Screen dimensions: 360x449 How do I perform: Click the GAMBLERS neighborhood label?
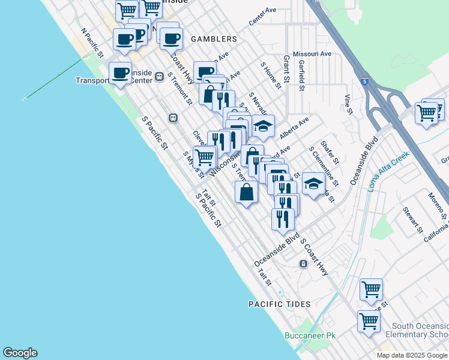pyautogui.click(x=214, y=39)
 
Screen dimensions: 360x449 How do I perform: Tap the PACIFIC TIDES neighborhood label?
pyautogui.click(x=280, y=304)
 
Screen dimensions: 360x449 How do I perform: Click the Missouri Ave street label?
pyautogui.click(x=312, y=53)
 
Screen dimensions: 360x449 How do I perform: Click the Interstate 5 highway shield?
pyautogui.click(x=365, y=80)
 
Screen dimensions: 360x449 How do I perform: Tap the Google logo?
pyautogui.click(x=20, y=353)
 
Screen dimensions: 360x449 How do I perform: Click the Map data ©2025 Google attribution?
pyautogui.click(x=412, y=355)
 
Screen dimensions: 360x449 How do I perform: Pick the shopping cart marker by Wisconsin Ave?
pyautogui.click(x=205, y=157)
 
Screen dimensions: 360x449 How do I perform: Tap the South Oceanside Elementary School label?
pyautogui.click(x=417, y=329)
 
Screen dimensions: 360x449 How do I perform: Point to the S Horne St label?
pyautogui.click(x=271, y=74)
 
